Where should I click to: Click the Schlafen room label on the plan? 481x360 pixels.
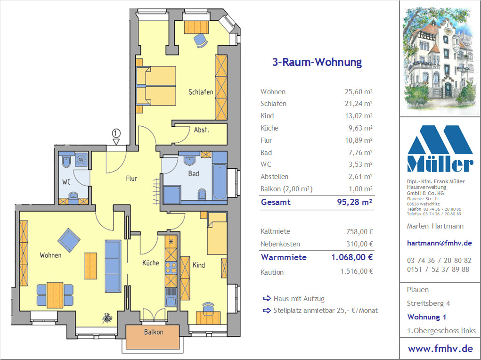pyautogui.click(x=201, y=92)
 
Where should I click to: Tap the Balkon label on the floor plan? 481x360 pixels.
pyautogui.click(x=154, y=332)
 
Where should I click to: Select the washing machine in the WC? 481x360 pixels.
pyautogui.click(x=81, y=160)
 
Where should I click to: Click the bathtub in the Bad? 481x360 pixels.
pyautogui.click(x=220, y=182)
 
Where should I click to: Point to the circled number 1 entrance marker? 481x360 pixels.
pyautogui.click(x=116, y=133)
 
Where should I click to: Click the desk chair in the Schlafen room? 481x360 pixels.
pyautogui.click(x=201, y=40)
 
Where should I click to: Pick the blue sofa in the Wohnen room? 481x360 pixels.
pyautogui.click(x=113, y=266)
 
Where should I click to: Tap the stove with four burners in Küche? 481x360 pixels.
pyautogui.click(x=171, y=268)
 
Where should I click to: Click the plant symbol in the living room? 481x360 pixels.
pyautogui.click(x=107, y=318)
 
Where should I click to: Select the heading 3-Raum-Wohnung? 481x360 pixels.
pyautogui.click(x=317, y=62)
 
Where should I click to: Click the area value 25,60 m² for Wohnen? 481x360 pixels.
pyautogui.click(x=359, y=92)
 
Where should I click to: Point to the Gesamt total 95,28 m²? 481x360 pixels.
pyautogui.click(x=355, y=202)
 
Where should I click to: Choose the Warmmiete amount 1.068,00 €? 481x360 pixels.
pyautogui.click(x=352, y=257)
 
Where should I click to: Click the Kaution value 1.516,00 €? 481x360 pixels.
pyautogui.click(x=357, y=271)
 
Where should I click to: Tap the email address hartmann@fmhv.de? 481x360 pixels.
pyautogui.click(x=439, y=243)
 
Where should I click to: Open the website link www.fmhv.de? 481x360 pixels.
pyautogui.click(x=440, y=349)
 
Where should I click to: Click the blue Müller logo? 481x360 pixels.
pyautogui.click(x=440, y=148)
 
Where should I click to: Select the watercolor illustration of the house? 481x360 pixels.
pyautogui.click(x=440, y=59)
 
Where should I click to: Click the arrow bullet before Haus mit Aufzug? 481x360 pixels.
pyautogui.click(x=267, y=298)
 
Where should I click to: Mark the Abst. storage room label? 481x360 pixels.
pyautogui.click(x=202, y=130)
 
